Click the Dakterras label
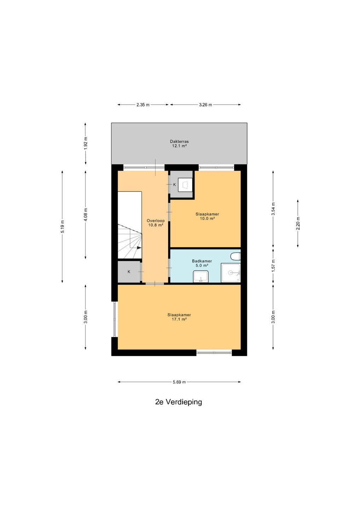[x=179, y=141]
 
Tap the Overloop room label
[x=156, y=221]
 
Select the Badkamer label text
[x=202, y=261]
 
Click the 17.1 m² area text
[x=179, y=319]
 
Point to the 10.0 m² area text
[x=207, y=218]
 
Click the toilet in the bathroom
[x=236, y=257]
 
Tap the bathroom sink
[x=201, y=276]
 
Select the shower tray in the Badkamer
[x=231, y=273]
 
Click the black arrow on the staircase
[x=139, y=248]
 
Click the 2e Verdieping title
[x=179, y=402]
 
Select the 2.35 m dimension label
[x=143, y=105]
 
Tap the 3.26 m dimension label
[x=205, y=105]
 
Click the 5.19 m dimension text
[x=62, y=227]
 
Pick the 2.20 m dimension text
[x=298, y=223]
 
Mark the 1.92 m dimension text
[x=86, y=144]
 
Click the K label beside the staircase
[x=129, y=271]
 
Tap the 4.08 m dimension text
[x=86, y=215]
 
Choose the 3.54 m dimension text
[x=273, y=209]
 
